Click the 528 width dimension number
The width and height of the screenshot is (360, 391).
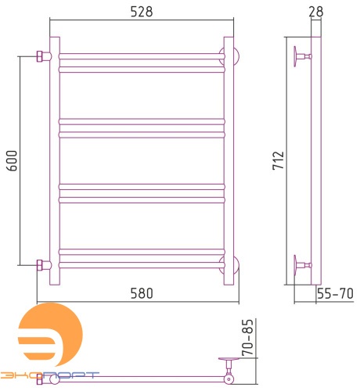[142, 12]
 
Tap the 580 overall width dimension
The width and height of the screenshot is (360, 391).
[142, 293]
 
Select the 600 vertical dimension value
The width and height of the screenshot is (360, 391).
[12, 160]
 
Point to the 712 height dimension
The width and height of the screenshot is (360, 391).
[278, 160]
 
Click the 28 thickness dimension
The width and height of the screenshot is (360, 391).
[316, 12]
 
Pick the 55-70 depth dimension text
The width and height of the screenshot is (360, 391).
[335, 293]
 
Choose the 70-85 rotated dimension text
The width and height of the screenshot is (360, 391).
[247, 337]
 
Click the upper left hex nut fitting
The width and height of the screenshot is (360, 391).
[39, 56]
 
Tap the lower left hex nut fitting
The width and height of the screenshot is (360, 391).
[39, 265]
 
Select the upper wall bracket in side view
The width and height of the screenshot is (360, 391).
[302, 56]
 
